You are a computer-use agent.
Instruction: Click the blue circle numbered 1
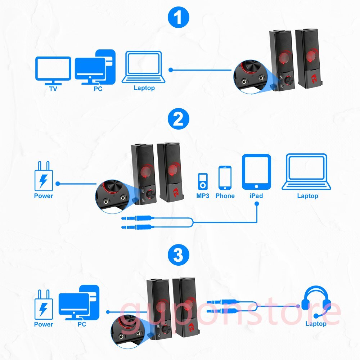179,17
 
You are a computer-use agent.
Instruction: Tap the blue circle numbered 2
179,119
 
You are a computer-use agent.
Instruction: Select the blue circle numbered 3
179,255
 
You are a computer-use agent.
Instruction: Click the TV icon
53,71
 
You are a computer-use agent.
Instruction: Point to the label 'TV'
53,89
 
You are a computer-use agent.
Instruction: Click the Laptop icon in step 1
144,67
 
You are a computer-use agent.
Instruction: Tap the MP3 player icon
203,181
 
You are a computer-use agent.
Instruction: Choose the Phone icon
225,178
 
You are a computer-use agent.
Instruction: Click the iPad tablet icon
256,172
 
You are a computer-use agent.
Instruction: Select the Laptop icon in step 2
306,172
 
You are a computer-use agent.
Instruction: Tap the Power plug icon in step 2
44,176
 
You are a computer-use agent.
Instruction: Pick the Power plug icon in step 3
44,305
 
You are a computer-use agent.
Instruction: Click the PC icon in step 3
79,303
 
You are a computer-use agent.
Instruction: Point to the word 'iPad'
256,196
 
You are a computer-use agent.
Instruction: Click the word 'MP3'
203,196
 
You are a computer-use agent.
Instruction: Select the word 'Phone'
225,196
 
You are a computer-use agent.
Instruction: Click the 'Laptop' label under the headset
316,324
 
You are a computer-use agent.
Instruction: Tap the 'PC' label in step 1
98,89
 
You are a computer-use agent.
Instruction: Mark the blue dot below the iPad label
257,204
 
